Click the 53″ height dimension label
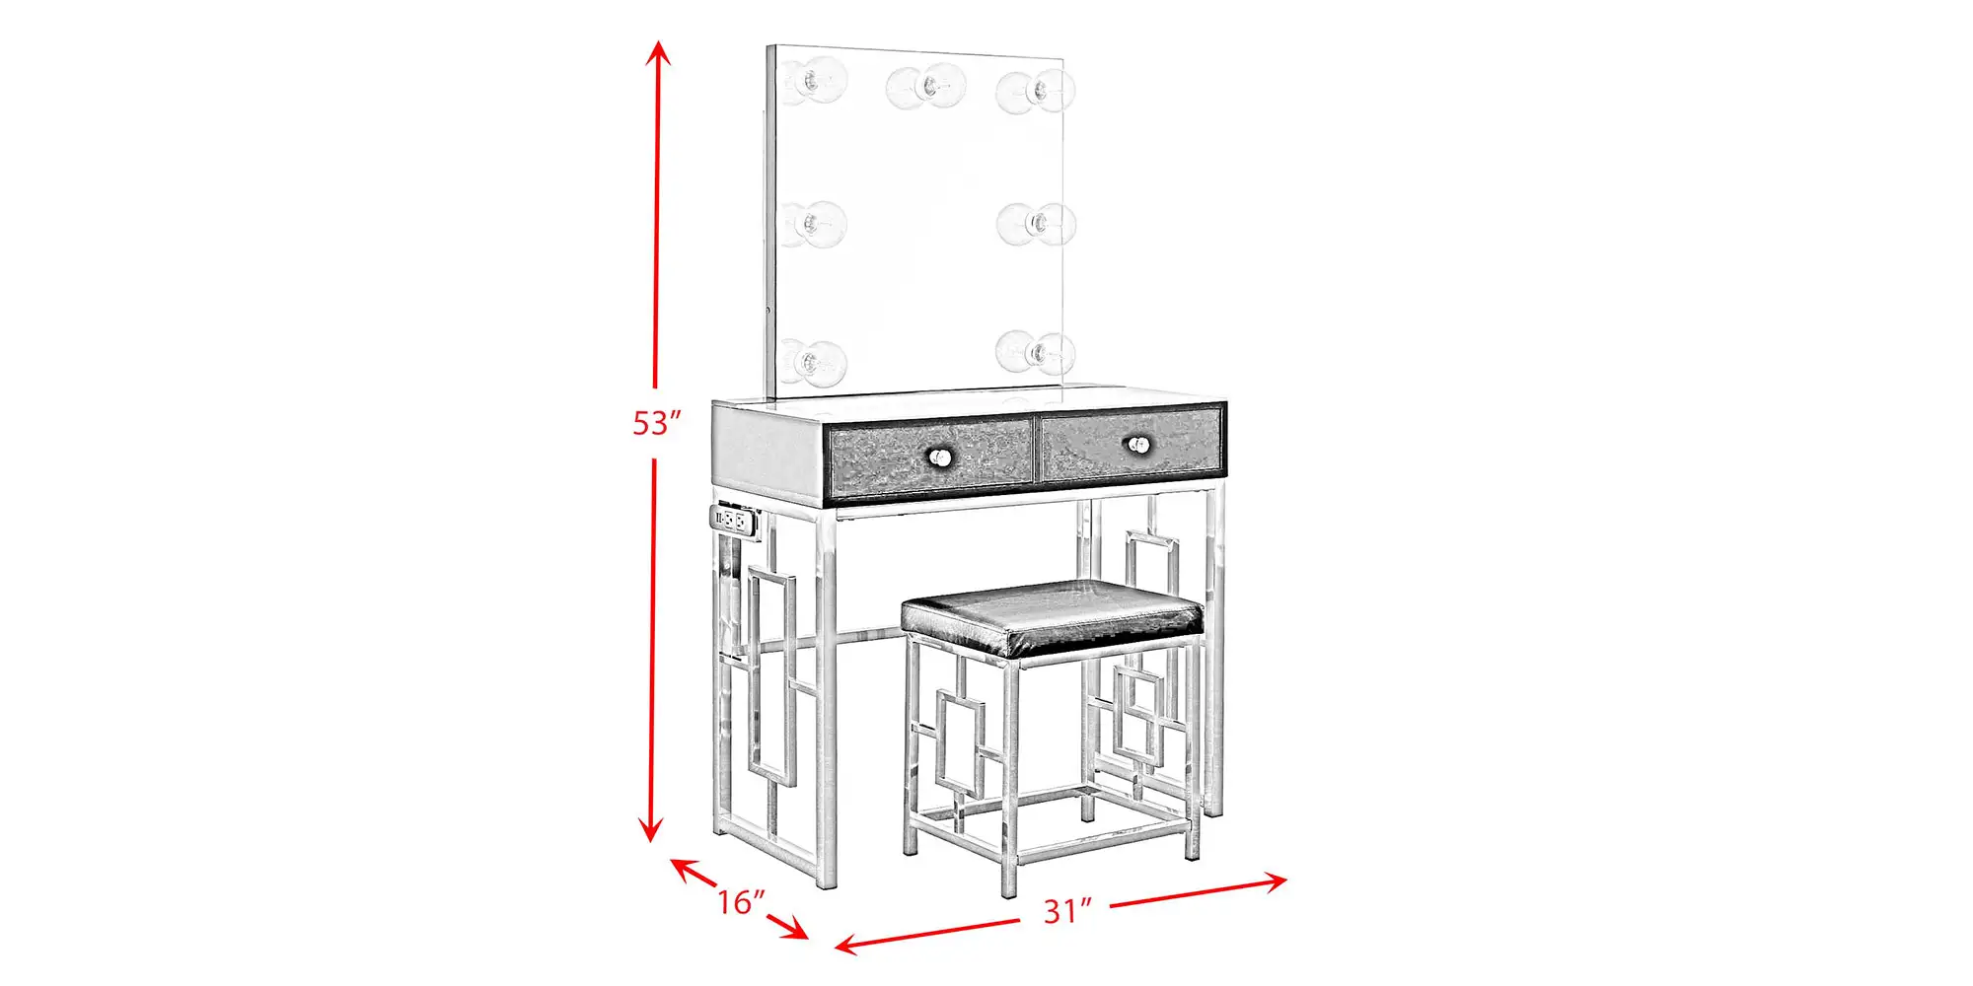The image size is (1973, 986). click(x=657, y=423)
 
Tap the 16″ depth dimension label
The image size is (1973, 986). click(x=741, y=901)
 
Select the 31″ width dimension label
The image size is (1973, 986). click(x=1068, y=911)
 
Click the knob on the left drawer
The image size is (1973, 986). click(x=938, y=457)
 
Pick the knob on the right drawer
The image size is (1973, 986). click(x=1139, y=445)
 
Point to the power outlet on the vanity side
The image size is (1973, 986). click(x=733, y=519)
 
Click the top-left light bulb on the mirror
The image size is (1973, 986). click(x=815, y=81)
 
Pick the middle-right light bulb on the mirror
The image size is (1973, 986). click(x=1036, y=225)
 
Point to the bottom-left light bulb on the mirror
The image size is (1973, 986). click(x=814, y=363)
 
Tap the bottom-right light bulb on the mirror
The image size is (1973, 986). click(x=1035, y=352)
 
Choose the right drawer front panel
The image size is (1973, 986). click(x=1133, y=445)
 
